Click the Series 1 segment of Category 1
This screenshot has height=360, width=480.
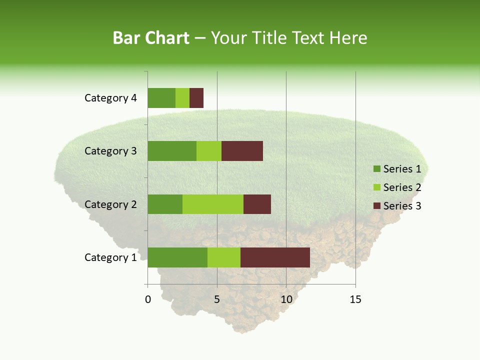[x=177, y=257]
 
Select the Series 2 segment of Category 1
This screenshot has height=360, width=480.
[x=224, y=257]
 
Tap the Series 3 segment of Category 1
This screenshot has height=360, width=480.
[x=275, y=257]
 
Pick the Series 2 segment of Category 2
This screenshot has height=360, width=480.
[x=213, y=204]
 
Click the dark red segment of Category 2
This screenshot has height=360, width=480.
[x=257, y=204]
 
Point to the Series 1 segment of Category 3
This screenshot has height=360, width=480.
[x=172, y=151]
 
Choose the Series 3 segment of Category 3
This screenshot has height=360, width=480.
[x=242, y=151]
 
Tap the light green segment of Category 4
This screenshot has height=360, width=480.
[x=182, y=98]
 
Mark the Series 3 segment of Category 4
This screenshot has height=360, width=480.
[x=196, y=98]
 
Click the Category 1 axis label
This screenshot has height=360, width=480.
[x=110, y=257]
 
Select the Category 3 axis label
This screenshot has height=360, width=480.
[x=110, y=151]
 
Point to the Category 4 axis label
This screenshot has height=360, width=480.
[x=110, y=98]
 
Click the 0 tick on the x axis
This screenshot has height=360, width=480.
[x=148, y=299]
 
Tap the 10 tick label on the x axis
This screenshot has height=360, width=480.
[x=286, y=299]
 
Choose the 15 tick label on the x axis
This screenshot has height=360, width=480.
[x=355, y=299]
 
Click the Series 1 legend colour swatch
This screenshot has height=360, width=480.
[x=376, y=169]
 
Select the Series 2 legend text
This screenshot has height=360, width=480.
[x=402, y=187]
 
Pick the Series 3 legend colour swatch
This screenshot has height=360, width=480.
[x=376, y=206]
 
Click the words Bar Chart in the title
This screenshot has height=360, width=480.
[x=151, y=38]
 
